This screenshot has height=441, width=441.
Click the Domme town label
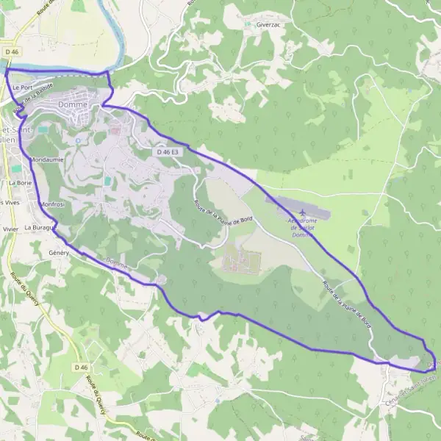[72, 105]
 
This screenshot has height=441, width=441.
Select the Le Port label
[22, 87]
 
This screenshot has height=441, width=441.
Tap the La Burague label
[39, 228]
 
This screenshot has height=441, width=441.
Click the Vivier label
[10, 229]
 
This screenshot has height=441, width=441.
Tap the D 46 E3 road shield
[168, 151]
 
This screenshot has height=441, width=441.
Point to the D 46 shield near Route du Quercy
[81, 367]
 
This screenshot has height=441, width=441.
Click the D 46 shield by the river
[12, 52]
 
